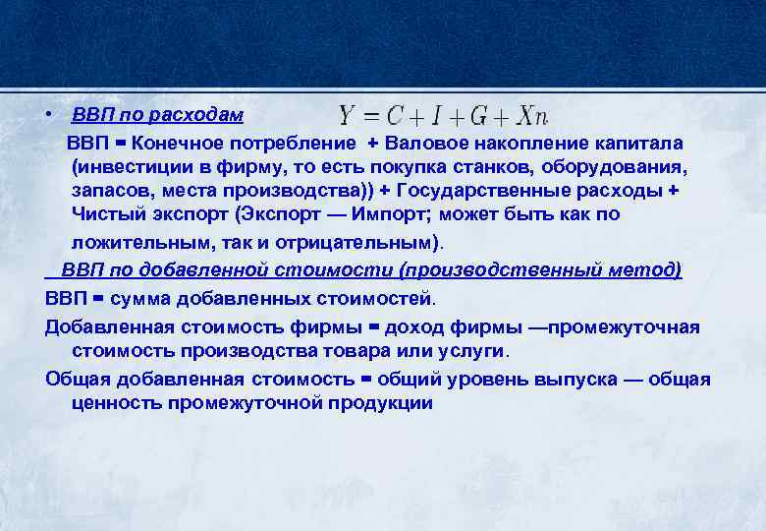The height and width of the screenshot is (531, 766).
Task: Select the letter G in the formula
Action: click(478, 116)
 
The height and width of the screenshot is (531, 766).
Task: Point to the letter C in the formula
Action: click(392, 116)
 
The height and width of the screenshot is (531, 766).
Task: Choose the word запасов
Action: click(109, 191)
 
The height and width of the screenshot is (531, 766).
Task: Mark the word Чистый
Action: click(105, 214)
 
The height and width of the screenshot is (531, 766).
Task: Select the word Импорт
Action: click(398, 214)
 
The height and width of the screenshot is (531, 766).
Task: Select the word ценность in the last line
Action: click(115, 403)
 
